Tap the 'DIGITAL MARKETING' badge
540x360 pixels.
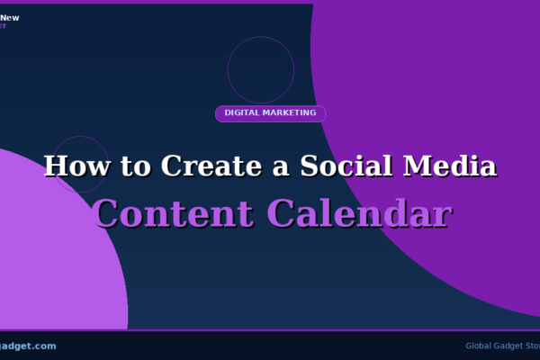pos(270,113)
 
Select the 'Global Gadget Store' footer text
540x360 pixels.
pos(502,346)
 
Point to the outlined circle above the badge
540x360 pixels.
pos(261,70)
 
